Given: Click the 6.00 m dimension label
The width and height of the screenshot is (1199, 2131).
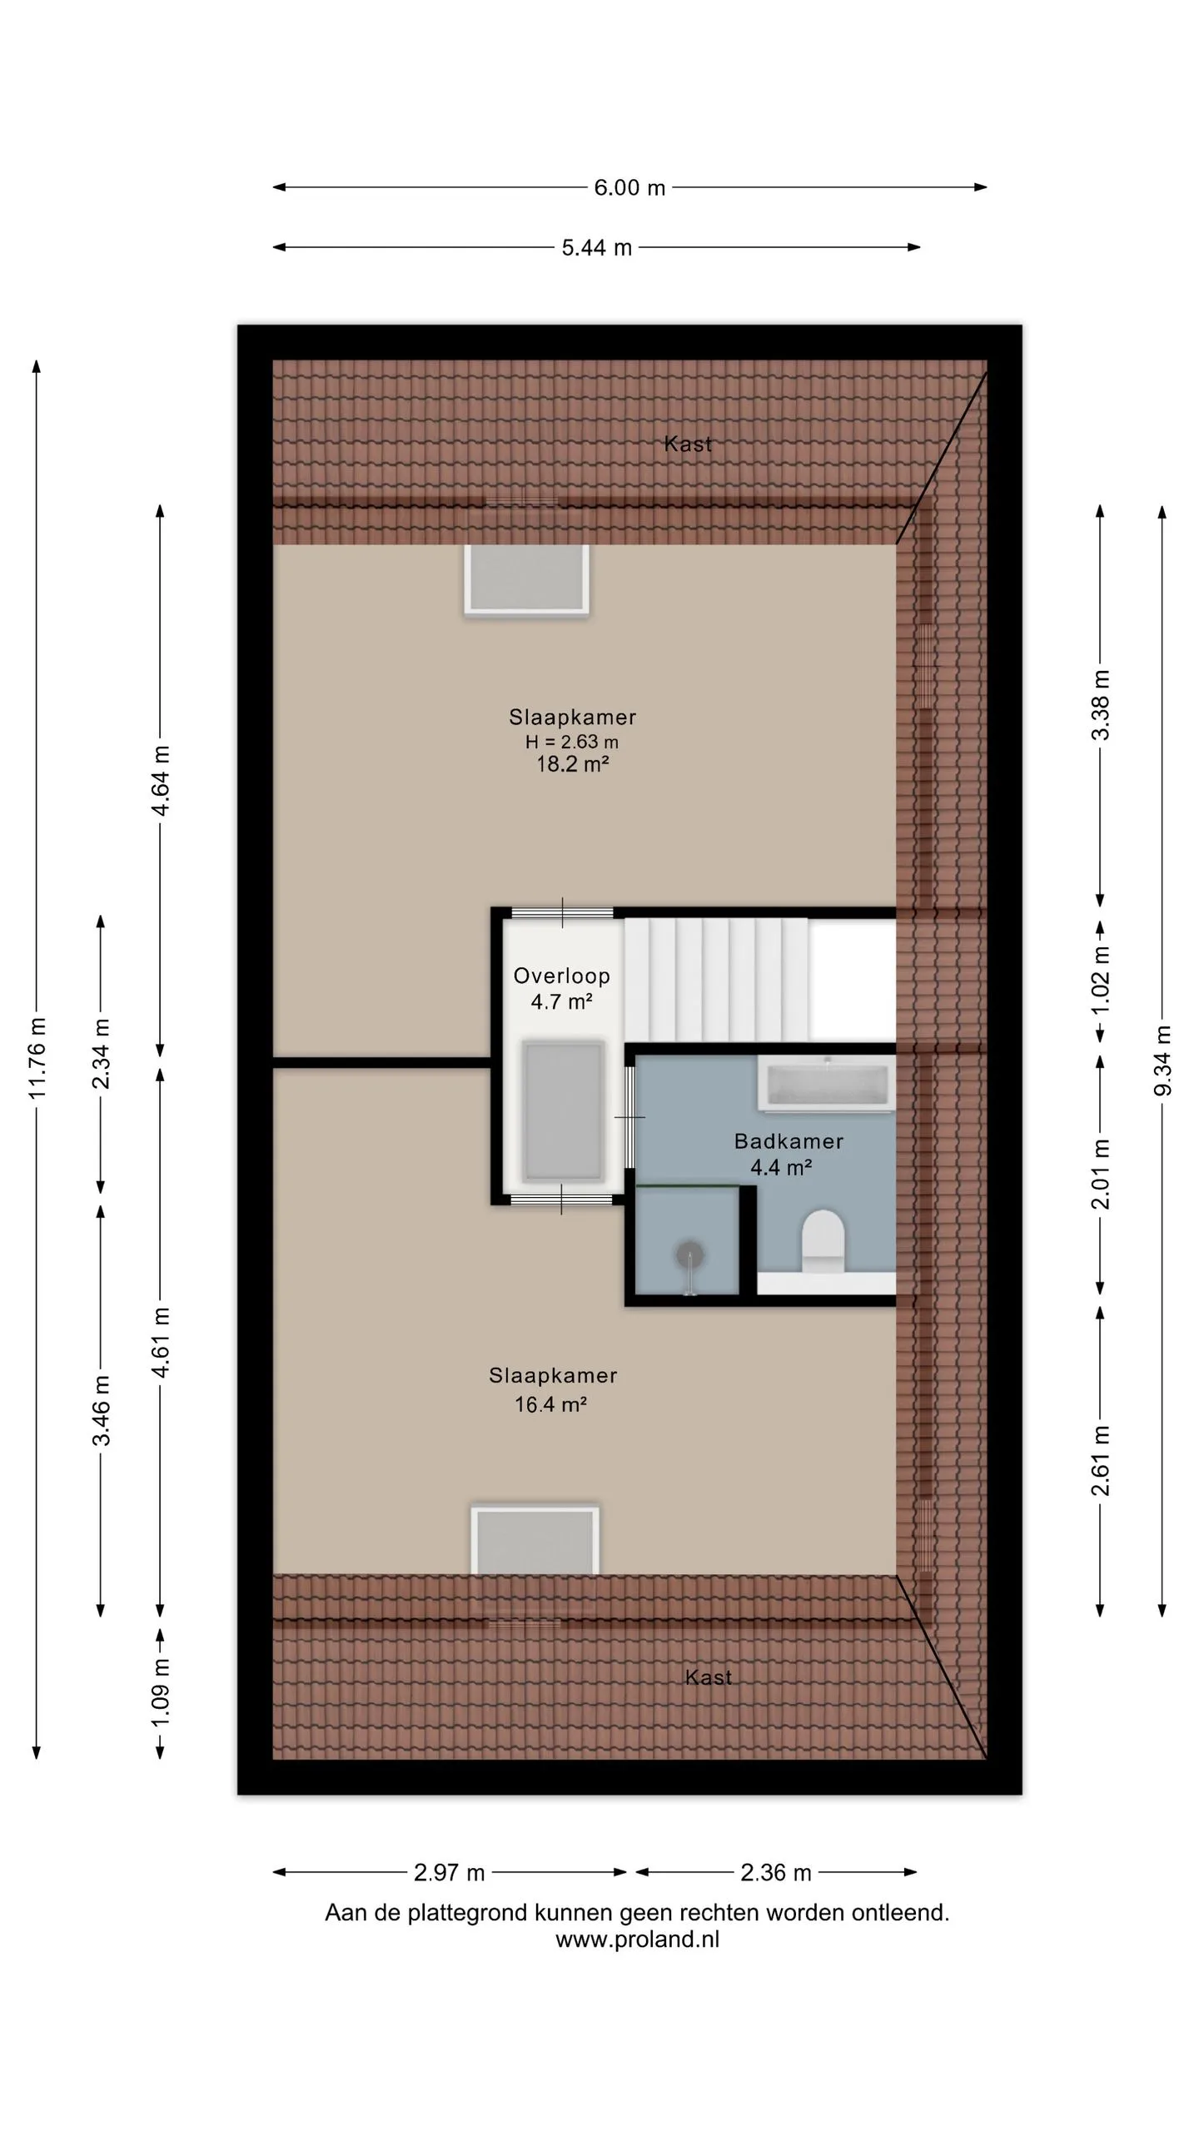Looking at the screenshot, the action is point(629,187).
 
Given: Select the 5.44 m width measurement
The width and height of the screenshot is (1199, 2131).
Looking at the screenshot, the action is point(596,247).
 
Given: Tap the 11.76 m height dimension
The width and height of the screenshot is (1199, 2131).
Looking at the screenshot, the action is point(37,1057).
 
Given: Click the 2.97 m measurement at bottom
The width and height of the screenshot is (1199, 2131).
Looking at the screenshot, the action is point(449,1872).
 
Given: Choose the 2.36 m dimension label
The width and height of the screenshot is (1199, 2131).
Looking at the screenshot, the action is point(775,1872).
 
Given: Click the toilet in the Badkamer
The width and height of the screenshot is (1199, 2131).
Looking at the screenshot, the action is point(823,1240).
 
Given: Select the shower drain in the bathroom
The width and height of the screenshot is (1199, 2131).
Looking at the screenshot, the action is point(689,1254).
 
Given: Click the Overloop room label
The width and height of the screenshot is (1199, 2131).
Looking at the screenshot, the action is point(561,976).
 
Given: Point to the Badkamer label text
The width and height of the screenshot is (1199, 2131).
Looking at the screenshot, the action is point(789,1141).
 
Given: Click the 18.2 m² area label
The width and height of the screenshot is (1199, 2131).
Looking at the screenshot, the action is point(572,764).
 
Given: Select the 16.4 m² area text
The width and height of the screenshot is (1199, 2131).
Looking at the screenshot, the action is point(550,1405).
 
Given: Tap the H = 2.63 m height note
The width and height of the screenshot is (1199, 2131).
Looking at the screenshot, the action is point(572,742).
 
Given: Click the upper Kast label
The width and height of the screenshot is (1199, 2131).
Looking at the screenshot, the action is point(688,444).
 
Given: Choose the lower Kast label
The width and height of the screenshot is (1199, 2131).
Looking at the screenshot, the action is point(709,1677).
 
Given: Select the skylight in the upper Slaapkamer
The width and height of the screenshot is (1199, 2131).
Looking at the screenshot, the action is point(527,580).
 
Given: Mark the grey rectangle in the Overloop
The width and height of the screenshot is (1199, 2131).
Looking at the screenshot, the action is point(563,1110).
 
